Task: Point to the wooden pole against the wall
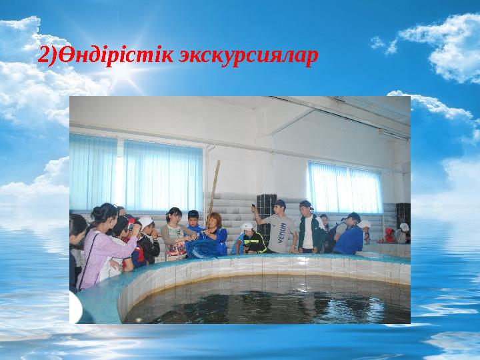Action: click(x=214, y=187)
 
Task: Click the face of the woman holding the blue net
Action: click(x=215, y=221)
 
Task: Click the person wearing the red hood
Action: click(x=389, y=235)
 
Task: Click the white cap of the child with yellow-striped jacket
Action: click(x=247, y=227)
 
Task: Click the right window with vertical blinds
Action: click(x=345, y=187)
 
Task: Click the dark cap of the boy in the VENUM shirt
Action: click(x=280, y=203)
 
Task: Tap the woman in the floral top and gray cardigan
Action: click(x=175, y=235)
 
